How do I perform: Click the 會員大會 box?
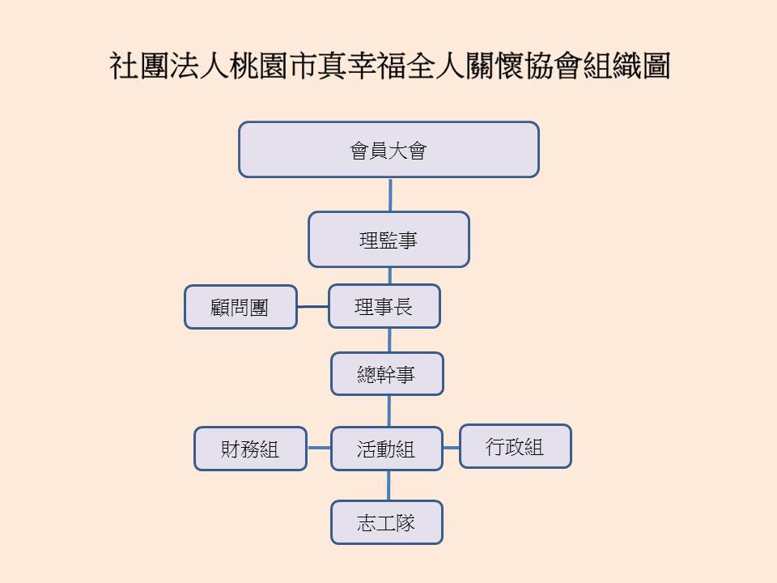pos(388,149)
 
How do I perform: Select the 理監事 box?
pos(388,240)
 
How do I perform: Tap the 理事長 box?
pos(384,306)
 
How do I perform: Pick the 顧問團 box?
pos(240,307)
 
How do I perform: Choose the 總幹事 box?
pos(387,374)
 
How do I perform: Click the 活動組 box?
pos(387,449)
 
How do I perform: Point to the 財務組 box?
pos(250,449)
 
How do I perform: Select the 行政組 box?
pos(516,446)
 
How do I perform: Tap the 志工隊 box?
pos(387,522)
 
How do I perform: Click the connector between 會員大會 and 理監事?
pos(390,195)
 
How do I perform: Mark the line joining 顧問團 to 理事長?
pos(312,306)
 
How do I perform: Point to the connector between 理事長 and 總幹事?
pos(389,340)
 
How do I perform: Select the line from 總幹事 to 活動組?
pos(389,411)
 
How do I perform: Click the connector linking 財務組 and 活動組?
pos(319,448)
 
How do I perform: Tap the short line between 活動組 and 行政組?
pos(451,448)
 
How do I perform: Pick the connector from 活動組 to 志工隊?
pos(388,485)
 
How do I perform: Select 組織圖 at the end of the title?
pos(626,66)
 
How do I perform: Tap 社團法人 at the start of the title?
pos(168,66)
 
